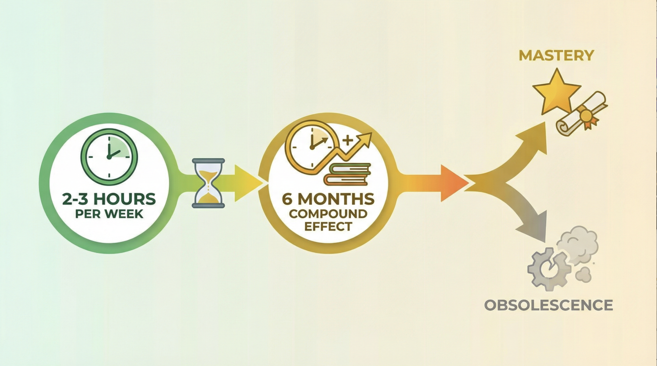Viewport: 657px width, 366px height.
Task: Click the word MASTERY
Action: tap(556, 56)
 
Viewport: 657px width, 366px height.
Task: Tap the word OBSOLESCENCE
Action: tap(548, 305)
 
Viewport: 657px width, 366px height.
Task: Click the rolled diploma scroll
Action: tap(582, 114)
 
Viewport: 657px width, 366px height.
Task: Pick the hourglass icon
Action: tap(208, 183)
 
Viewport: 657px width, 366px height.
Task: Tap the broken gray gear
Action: tap(548, 269)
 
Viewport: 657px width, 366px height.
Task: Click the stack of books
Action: tap(347, 174)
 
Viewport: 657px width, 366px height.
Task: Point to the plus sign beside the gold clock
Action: tap(348, 140)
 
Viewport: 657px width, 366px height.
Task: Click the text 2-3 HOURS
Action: tap(109, 199)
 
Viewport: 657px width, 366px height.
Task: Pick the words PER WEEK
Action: tap(109, 214)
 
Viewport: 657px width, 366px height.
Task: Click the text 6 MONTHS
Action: tap(328, 199)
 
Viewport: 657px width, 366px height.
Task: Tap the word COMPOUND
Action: tap(328, 213)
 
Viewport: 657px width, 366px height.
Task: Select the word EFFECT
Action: tap(328, 226)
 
